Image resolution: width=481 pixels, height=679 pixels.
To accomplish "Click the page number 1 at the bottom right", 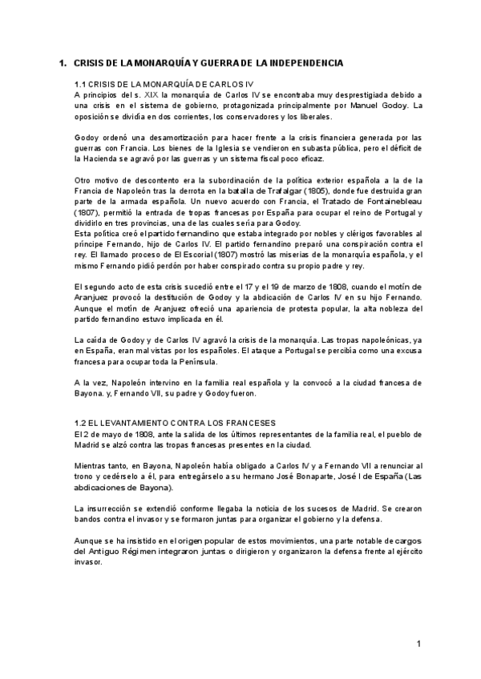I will pos(418,644).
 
